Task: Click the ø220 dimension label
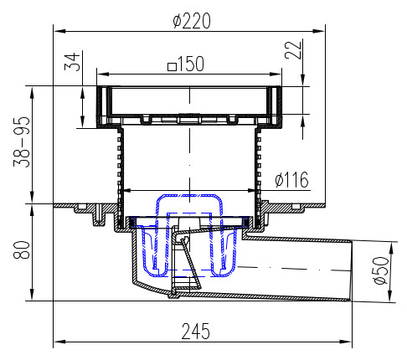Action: pos(192,21)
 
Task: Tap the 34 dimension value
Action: pos(72,62)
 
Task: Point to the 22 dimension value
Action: pos(293,50)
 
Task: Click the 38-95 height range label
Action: pos(22,142)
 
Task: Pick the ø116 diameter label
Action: pos(291,180)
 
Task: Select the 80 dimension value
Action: pos(22,250)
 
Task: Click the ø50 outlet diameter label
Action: pos(381,270)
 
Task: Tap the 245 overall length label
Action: pos(195,332)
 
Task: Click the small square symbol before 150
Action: pos(172,67)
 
